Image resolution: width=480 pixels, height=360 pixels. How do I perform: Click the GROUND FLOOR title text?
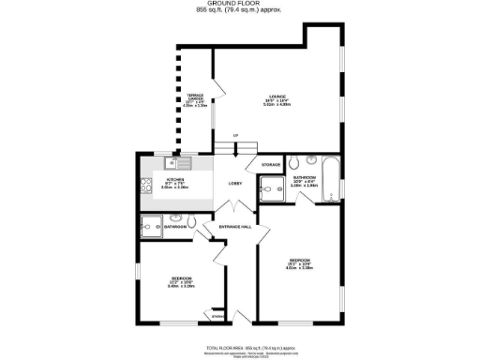(240, 5)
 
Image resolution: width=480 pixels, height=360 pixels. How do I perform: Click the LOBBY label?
(235, 183)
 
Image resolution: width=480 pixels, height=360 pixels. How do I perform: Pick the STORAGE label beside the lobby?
(271, 166)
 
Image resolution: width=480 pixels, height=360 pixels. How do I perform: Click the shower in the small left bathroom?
(150, 225)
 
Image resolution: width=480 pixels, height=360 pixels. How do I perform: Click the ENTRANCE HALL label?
(234, 227)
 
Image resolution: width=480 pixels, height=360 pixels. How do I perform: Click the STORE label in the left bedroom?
(217, 316)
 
